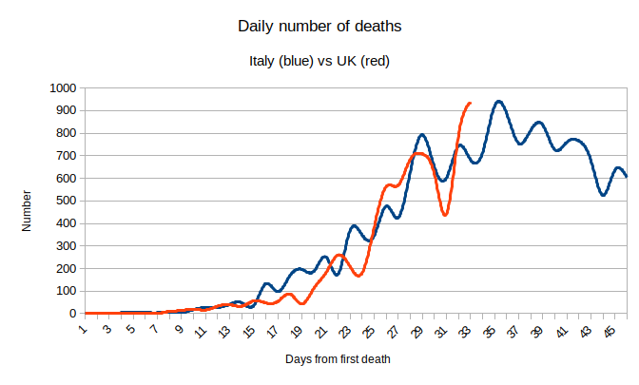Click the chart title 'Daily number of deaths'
[319, 27]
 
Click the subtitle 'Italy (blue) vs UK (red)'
[319, 62]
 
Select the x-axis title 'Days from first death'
[338, 359]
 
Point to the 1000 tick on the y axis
[61, 87]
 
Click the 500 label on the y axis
[64, 201]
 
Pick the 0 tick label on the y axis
[71, 314]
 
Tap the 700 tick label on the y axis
[64, 155]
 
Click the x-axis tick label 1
[84, 329]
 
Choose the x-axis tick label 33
[467, 331]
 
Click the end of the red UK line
[470, 103]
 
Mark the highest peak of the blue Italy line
[498, 101]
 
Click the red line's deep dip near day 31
[445, 215]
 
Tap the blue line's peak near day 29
[422, 135]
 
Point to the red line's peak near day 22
[339, 255]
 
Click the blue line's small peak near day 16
[267, 283]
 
